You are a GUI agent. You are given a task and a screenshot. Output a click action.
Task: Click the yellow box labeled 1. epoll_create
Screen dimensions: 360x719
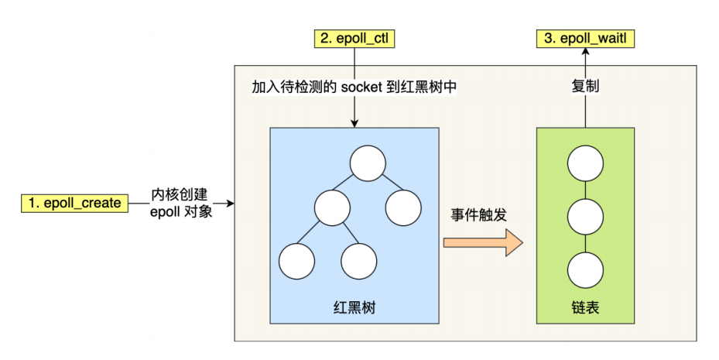(74, 204)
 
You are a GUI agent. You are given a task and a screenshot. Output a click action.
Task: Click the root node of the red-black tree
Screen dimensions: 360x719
(367, 163)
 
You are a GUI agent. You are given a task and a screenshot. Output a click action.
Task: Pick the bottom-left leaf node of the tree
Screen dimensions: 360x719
(296, 262)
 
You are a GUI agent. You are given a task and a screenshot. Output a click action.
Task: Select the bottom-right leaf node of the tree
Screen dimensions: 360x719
(359, 262)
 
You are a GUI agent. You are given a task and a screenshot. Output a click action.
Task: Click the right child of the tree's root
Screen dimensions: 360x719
(402, 207)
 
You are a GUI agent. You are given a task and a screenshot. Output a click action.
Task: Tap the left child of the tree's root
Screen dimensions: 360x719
(333, 207)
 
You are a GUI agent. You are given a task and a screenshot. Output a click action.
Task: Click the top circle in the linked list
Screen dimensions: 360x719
(585, 163)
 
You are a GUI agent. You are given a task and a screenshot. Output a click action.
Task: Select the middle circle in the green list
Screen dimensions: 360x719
(585, 217)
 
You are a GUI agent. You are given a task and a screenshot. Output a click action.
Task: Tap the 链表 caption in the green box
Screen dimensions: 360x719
(585, 308)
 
